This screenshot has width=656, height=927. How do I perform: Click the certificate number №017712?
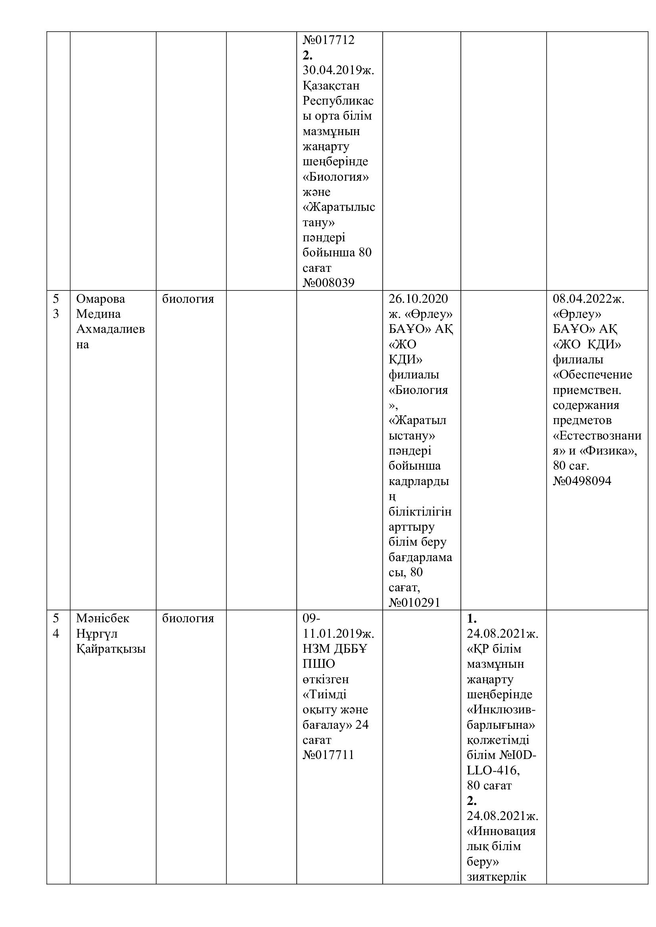328,40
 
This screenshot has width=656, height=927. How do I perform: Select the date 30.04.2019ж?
338,70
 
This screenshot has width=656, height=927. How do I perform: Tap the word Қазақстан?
331,86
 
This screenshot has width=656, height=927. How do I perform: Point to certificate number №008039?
328,283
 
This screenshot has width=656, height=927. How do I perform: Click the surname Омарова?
101,299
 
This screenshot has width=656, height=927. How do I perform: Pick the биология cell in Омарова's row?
188,299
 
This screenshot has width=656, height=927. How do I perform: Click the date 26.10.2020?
418,299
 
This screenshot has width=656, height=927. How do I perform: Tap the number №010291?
414,603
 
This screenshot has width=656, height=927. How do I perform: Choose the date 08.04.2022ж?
589,299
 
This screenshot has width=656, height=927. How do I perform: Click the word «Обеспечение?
592,375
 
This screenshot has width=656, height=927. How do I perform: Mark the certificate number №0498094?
582,481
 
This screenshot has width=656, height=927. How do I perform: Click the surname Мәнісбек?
103,618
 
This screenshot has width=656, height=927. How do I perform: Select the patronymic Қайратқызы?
111,649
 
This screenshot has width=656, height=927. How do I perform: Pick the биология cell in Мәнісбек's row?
188,618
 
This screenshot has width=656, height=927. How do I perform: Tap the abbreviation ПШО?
319,664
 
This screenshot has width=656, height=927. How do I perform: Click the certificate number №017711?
328,755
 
